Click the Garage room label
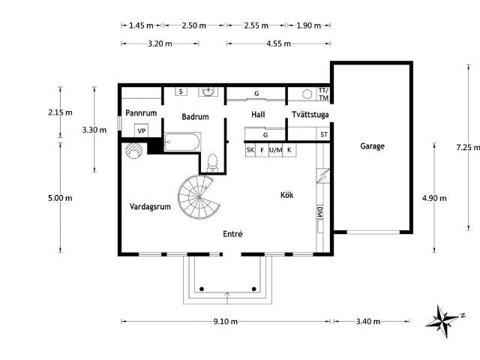372,146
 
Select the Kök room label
286,195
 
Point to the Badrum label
195,117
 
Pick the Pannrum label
139,112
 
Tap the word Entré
232,234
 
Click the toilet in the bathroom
212,163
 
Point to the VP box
141,131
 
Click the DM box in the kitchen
319,211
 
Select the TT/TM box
323,94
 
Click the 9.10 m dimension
225,322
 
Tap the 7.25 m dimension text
467,148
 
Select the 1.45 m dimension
141,25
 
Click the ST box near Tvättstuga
324,135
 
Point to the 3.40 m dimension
367,322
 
